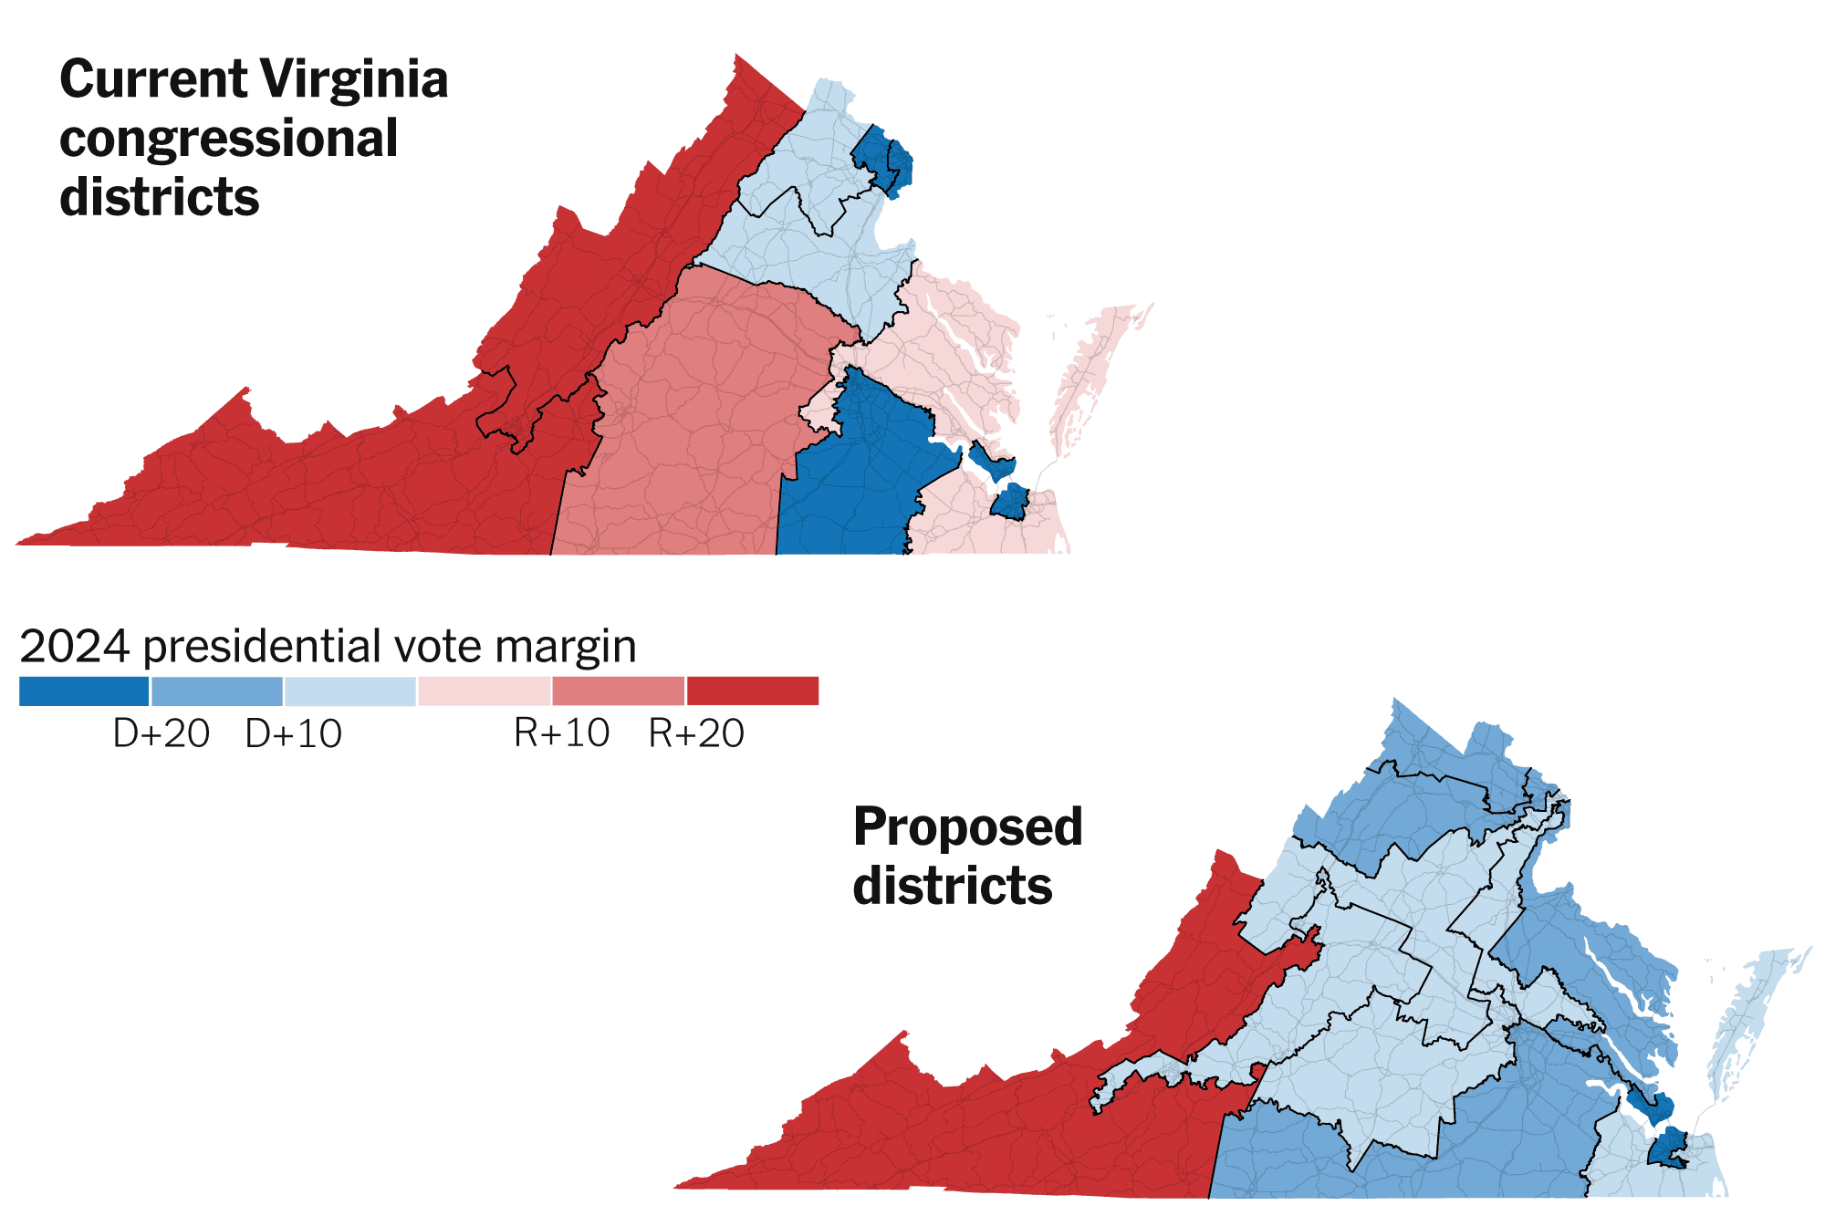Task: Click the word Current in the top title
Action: [152, 79]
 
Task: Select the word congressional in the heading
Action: [228, 139]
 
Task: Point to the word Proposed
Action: [967, 827]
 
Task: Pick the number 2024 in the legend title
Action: [75, 647]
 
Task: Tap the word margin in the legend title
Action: [566, 647]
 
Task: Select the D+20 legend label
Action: [162, 733]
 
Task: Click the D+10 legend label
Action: [294, 733]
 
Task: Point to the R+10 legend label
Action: [562, 733]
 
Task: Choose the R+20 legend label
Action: [696, 733]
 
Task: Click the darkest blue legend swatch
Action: [84, 691]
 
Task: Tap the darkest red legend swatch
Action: [753, 691]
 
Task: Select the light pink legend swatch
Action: [485, 691]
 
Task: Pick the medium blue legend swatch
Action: [217, 691]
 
